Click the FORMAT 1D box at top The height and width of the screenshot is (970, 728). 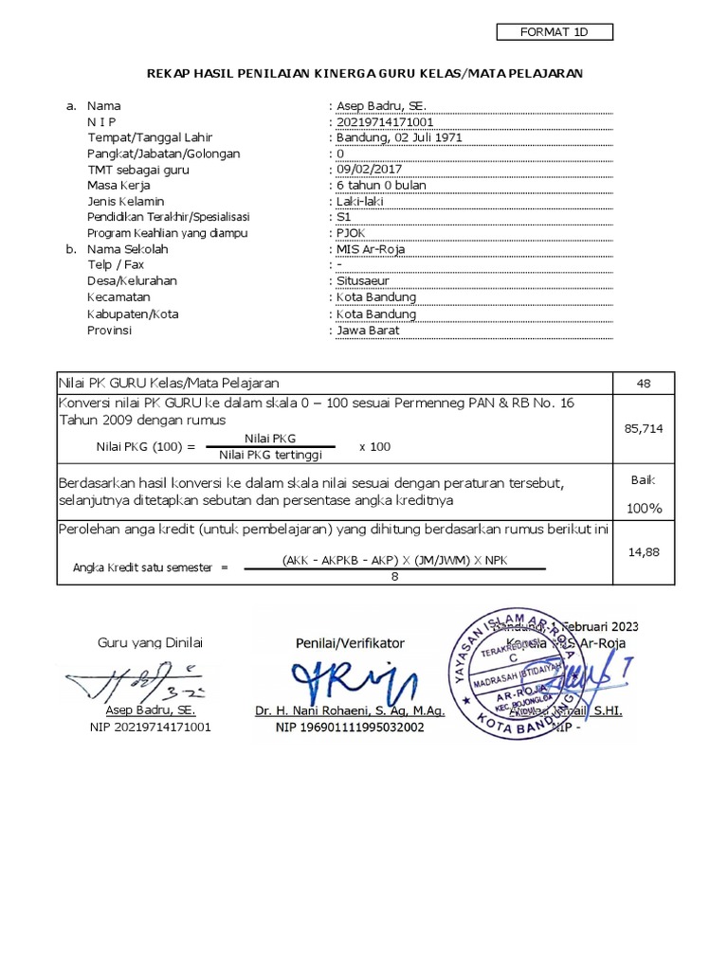[555, 32]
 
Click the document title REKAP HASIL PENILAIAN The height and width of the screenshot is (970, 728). [365, 72]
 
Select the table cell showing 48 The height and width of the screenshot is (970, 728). [644, 384]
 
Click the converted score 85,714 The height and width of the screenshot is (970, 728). [644, 429]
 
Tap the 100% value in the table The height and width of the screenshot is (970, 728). [644, 508]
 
